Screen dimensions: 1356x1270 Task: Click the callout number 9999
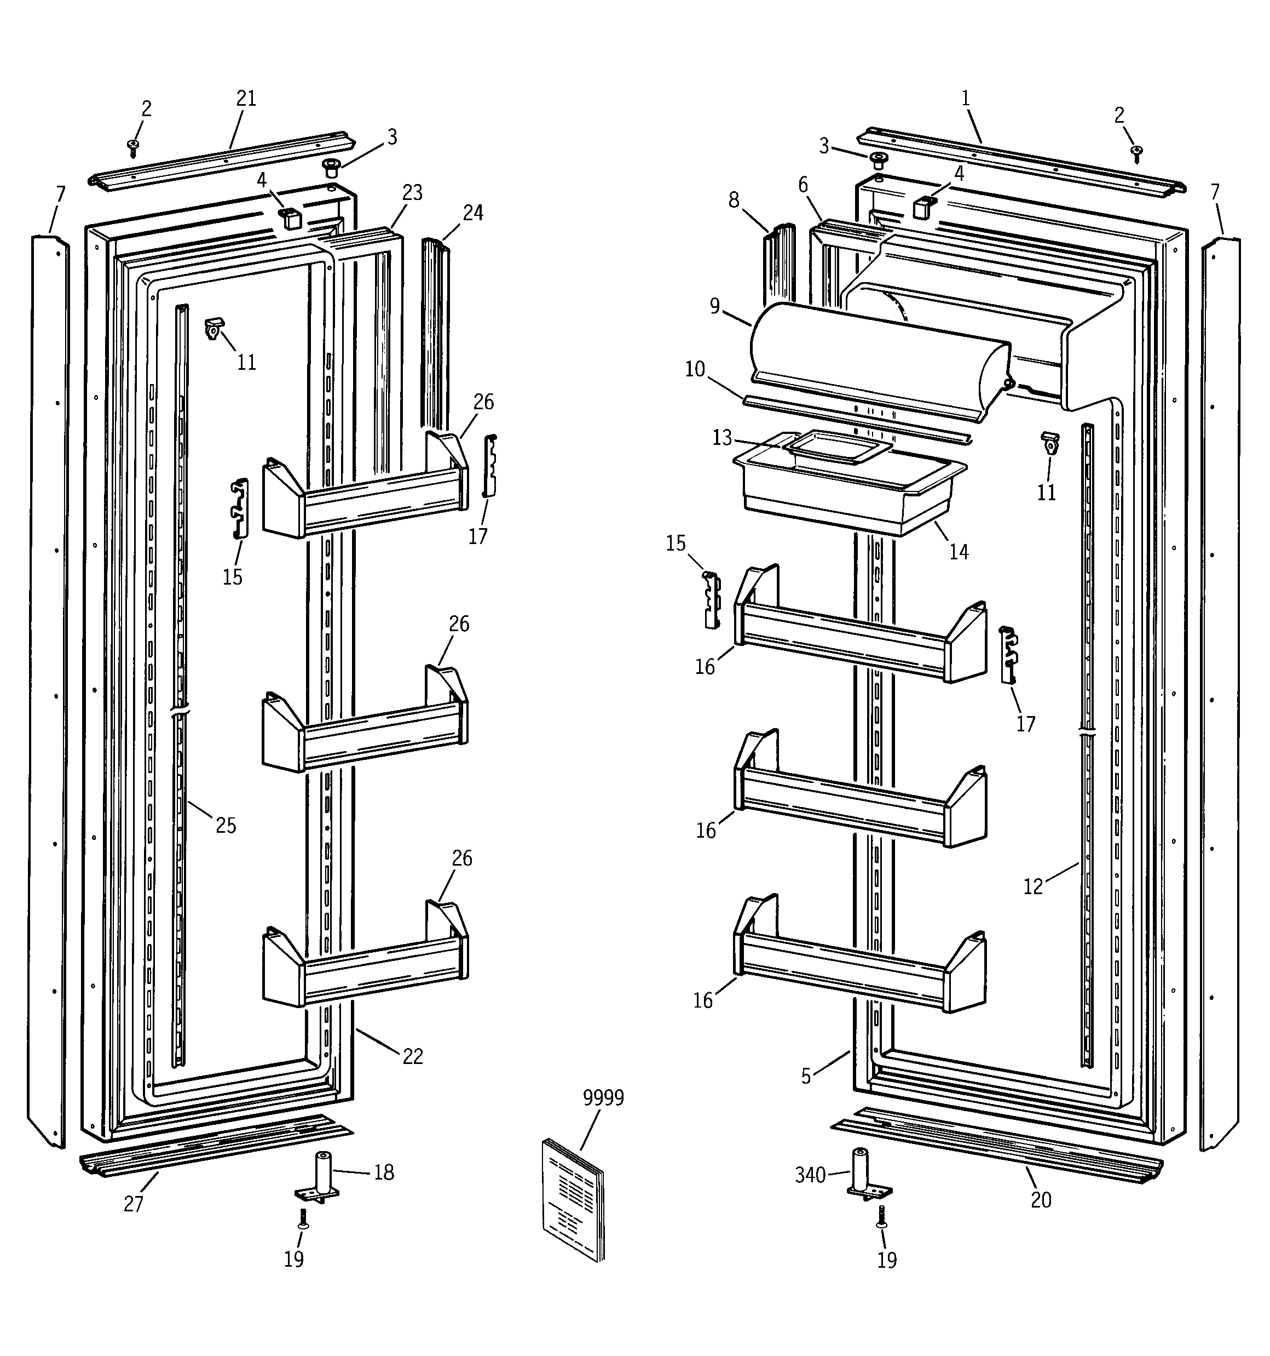[x=603, y=1097]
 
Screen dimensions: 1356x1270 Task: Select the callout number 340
[x=810, y=1175]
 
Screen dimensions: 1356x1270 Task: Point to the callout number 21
[x=246, y=99]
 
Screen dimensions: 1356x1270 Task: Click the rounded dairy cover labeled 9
[x=879, y=362]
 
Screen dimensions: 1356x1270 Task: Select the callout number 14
[x=959, y=552]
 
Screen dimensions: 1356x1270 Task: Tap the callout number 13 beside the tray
[x=722, y=437]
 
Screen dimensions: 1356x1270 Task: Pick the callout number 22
[x=412, y=1056]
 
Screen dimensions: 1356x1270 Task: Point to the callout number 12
[x=1033, y=886]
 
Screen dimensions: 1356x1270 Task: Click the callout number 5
[x=806, y=1077]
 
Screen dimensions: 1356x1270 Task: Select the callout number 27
[x=134, y=1204]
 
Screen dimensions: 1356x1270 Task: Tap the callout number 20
[x=1041, y=1200]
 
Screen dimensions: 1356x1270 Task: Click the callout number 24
[x=473, y=214]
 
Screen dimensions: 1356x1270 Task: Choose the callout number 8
[x=734, y=200]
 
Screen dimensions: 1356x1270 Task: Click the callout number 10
[x=695, y=369]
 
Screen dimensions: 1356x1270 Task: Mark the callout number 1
[x=965, y=99]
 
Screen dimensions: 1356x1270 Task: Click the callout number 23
[x=412, y=193]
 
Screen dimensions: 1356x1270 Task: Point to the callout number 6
[x=803, y=185]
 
